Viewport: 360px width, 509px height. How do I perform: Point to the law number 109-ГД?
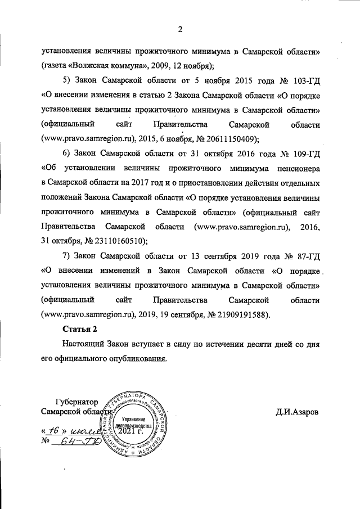pyautogui.click(x=304, y=153)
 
